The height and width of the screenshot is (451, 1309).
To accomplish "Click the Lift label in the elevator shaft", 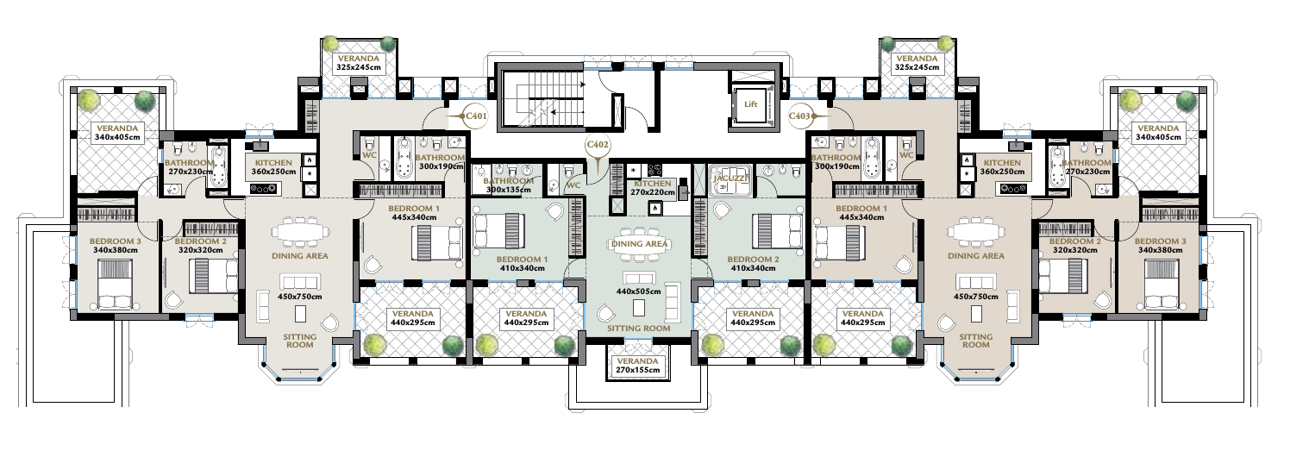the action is (750, 104).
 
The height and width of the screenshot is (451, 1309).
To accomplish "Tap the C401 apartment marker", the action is (475, 116).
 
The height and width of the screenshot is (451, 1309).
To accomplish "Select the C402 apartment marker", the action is (598, 144).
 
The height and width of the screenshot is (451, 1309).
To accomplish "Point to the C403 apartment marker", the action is (799, 116).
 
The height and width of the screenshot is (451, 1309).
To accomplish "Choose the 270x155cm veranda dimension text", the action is (637, 370).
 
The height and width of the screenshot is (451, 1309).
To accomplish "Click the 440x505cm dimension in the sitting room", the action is (638, 291).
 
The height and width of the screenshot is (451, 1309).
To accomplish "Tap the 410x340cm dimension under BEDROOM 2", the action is (754, 268).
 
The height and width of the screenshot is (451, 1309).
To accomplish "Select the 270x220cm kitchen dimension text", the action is (652, 192).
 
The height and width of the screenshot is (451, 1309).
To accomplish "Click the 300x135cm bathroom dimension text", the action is (509, 189).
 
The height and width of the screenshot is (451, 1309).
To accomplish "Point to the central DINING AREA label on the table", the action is (639, 244).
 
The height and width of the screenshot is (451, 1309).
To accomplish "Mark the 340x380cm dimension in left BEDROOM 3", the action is (116, 250).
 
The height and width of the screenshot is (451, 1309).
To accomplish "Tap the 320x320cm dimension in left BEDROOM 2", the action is (200, 250).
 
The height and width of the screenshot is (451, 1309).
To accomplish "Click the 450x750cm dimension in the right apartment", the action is (976, 296).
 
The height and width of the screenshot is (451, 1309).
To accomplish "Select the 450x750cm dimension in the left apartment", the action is (300, 296).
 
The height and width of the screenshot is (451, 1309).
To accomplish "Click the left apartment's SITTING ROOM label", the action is (300, 341).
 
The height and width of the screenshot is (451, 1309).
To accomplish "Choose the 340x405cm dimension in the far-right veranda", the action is (1158, 137).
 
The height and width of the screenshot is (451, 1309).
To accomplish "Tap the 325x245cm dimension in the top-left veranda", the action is (358, 67).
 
